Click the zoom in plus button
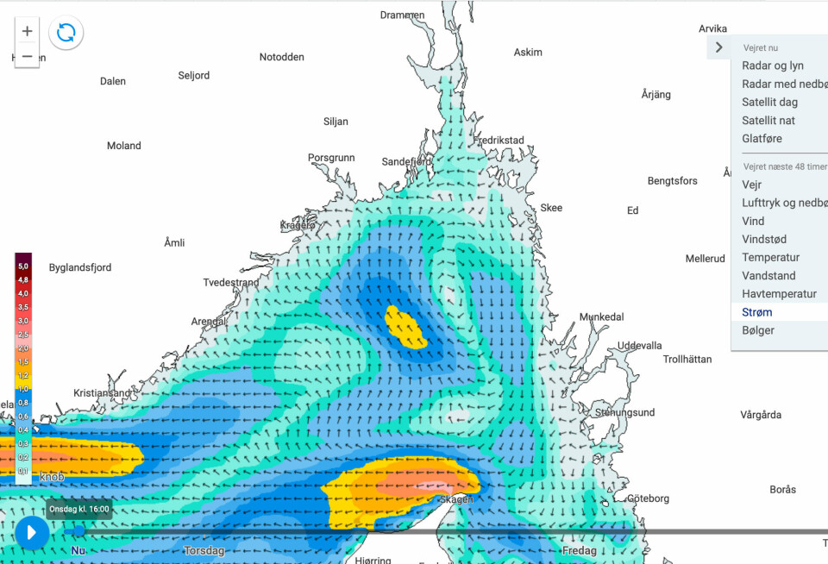coord(28,31)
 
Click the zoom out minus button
coord(28,56)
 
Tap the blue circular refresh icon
coord(66,34)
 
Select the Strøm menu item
coord(757,312)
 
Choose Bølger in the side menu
coord(758,330)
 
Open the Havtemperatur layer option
coord(779,294)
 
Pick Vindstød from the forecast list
coord(764,240)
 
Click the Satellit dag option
coord(769,102)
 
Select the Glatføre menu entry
coord(762,138)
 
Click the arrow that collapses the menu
coord(718,47)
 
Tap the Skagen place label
coord(457,500)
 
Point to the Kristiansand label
coord(103,393)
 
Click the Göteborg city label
coord(648,498)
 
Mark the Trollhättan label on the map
coord(687,359)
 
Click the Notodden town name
coord(282,57)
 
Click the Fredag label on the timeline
coord(580,550)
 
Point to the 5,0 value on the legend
coord(23,266)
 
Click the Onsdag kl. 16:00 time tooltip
coord(78,509)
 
